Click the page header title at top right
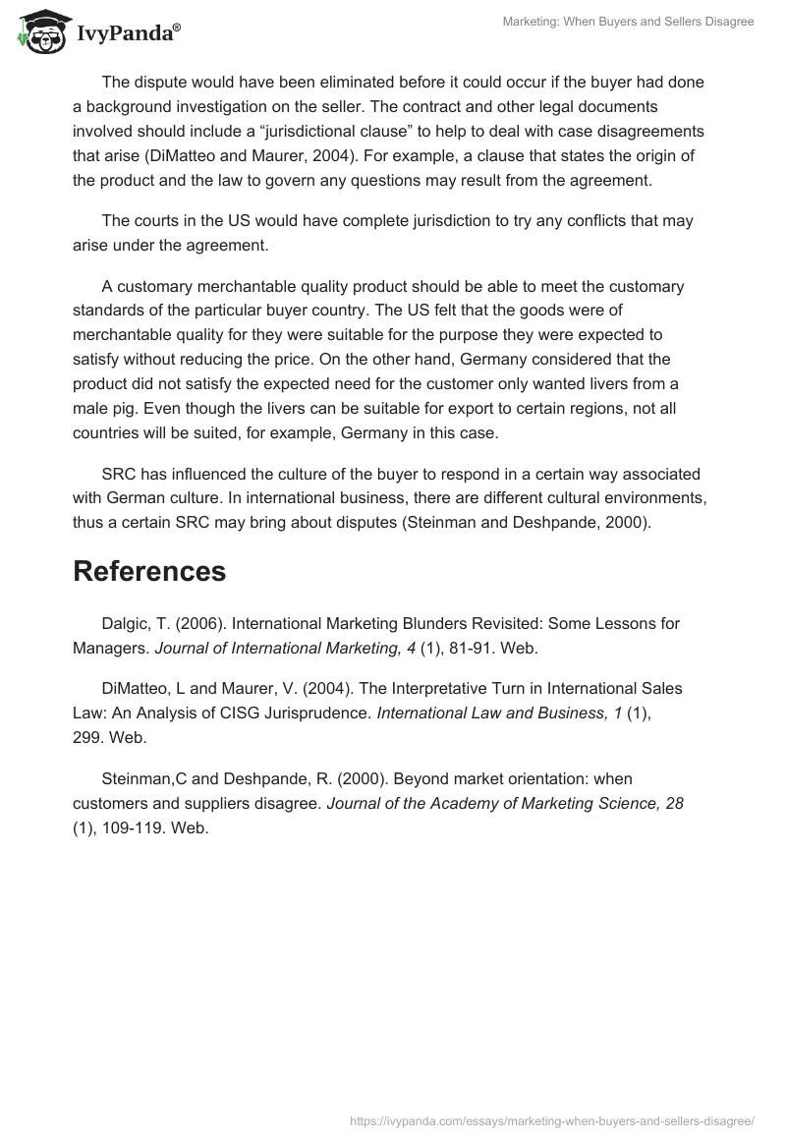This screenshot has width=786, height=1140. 628,22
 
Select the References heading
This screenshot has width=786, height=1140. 149,571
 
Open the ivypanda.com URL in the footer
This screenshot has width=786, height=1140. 552,1119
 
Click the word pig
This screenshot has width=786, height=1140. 133,407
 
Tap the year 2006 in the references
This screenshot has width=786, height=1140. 197,623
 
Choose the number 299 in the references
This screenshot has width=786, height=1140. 86,737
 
